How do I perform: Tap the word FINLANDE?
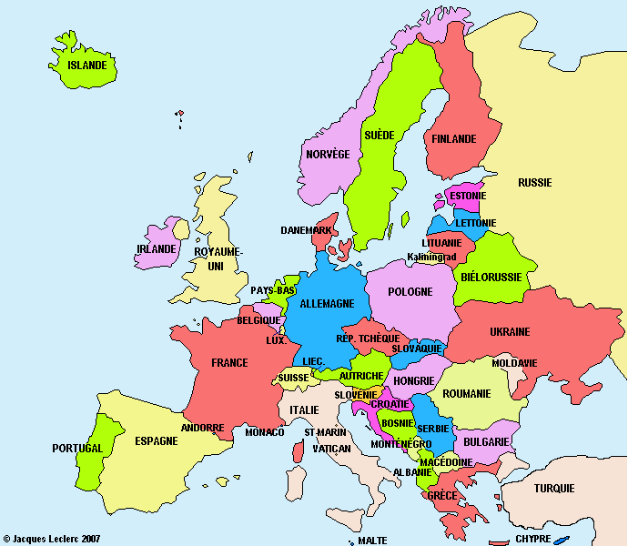454,139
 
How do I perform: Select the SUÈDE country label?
379,135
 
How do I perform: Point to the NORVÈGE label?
328,155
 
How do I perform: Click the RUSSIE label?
535,182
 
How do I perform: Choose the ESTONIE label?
468,196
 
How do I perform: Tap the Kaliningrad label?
431,258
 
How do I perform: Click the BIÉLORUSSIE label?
491,277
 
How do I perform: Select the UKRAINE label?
510,332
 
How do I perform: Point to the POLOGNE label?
410,292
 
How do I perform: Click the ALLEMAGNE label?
327,304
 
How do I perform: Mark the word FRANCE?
229,363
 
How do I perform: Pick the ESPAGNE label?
157,440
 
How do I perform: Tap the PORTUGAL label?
77,449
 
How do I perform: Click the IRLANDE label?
156,249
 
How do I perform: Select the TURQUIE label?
554,489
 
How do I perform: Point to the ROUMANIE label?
467,394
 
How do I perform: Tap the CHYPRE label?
533,538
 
